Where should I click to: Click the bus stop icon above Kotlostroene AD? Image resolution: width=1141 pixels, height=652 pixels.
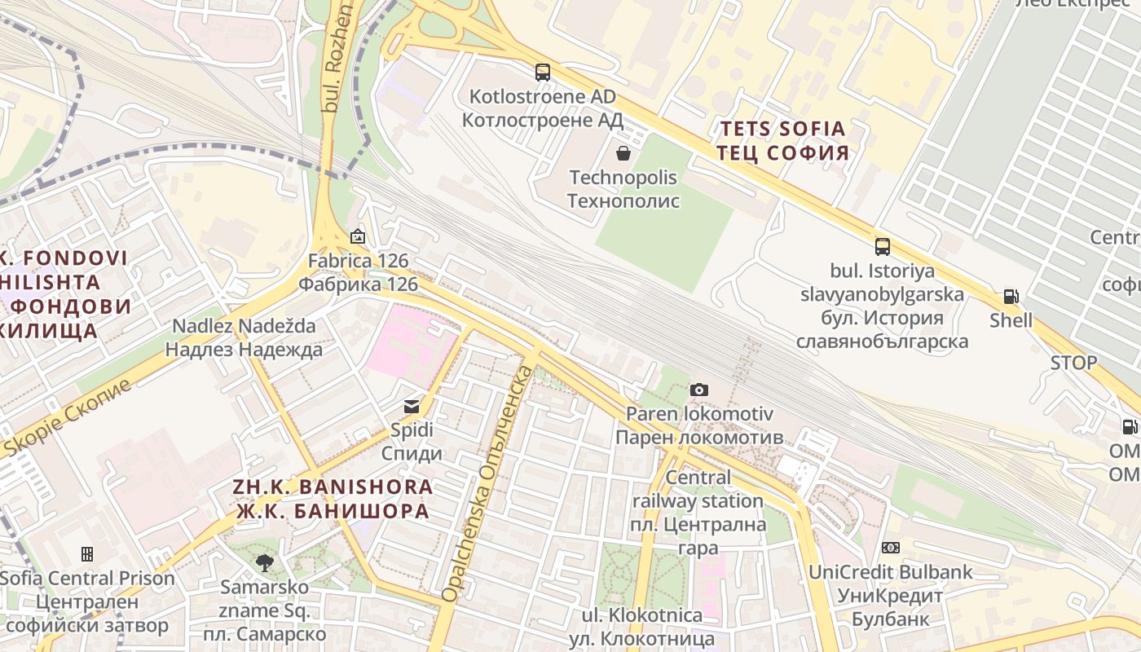tap(543, 73)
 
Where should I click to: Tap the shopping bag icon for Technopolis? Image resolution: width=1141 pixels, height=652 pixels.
tap(623, 152)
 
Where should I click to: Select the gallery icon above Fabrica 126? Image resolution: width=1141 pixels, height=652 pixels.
tap(357, 237)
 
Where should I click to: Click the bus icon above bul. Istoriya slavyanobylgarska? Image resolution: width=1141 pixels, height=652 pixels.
tap(882, 247)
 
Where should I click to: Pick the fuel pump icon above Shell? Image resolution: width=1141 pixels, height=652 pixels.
tap(1011, 297)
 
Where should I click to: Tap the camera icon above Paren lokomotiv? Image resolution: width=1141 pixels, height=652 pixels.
tap(698, 390)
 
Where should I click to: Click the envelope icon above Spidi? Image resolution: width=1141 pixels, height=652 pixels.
tap(412, 406)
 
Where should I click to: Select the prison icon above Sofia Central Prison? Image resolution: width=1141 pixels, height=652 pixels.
tap(87, 554)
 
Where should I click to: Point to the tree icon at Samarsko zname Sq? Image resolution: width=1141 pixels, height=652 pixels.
tap(264, 562)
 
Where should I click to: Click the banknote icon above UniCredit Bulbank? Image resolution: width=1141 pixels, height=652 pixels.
tap(891, 548)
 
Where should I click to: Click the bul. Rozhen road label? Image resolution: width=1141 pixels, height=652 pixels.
tap(338, 57)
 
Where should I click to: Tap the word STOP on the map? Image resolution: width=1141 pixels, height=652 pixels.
tap(1073, 363)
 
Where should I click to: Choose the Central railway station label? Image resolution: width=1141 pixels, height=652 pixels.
tap(698, 500)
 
